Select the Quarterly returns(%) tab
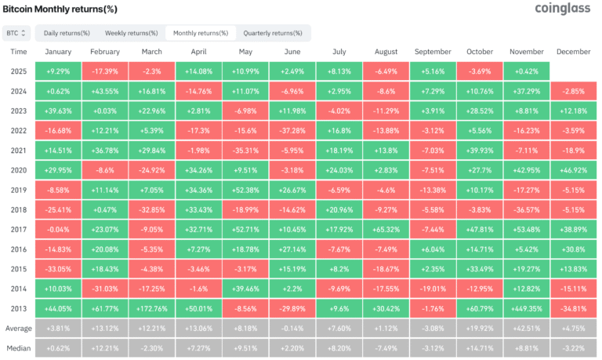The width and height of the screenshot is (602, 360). click(x=272, y=33)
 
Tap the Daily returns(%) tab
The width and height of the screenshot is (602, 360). click(x=67, y=33)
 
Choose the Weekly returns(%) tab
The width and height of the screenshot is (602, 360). click(x=130, y=33)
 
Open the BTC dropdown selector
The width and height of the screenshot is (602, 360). click(x=16, y=33)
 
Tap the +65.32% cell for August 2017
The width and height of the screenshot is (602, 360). click(x=386, y=229)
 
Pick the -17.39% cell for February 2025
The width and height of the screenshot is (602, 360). click(x=104, y=71)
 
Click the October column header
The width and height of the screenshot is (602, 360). click(x=481, y=51)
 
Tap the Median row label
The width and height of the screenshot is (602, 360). click(x=19, y=348)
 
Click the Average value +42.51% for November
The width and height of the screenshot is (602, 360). click(x=527, y=329)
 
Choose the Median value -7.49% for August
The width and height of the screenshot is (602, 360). click(x=386, y=348)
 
